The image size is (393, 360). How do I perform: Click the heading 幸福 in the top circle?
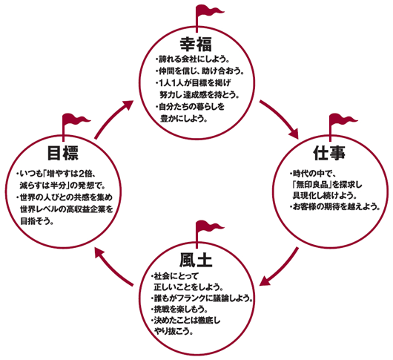coord(196,44)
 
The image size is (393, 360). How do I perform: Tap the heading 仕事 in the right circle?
coord(329,153)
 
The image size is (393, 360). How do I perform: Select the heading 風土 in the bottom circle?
coord(196,260)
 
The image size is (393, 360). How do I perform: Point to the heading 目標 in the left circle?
coord(63,153)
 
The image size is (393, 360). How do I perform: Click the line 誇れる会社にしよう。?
coord(193,59)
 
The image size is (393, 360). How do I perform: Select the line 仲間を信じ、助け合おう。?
coord(199,71)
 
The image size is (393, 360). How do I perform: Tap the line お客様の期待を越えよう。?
coord(335,207)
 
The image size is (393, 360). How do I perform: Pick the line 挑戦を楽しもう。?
coord(179,310)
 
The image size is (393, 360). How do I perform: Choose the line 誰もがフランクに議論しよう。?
coord(202,298)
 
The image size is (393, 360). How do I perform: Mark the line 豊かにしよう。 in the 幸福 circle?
coord(184,119)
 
